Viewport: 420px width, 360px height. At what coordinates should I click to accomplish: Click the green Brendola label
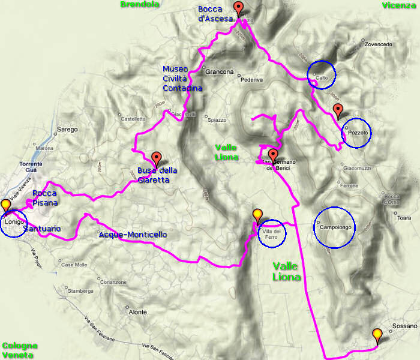click(139, 5)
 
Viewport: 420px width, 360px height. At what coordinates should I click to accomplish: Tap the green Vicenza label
click(398, 5)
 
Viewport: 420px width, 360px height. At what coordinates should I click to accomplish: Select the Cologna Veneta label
click(20, 350)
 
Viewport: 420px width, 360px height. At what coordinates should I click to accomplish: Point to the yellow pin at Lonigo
click(6, 205)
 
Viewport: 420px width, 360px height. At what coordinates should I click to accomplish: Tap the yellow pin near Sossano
click(377, 335)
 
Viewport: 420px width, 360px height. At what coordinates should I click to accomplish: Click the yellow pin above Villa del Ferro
click(257, 215)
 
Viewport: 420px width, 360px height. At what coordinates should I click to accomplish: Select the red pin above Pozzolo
click(338, 110)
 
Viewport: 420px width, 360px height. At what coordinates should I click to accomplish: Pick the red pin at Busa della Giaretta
click(157, 158)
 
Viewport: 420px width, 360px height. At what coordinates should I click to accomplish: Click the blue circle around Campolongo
click(335, 227)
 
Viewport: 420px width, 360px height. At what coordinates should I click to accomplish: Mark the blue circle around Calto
click(322, 74)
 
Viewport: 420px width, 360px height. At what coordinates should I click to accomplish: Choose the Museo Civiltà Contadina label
click(182, 78)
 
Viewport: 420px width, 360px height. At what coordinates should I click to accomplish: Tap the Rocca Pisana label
click(45, 198)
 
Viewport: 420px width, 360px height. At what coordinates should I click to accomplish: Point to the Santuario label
click(42, 229)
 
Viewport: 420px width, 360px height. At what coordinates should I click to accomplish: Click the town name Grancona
click(219, 72)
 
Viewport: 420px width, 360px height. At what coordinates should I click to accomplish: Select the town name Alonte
click(137, 312)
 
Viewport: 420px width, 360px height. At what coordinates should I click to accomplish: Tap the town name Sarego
click(67, 129)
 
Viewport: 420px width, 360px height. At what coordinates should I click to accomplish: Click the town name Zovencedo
click(378, 44)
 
